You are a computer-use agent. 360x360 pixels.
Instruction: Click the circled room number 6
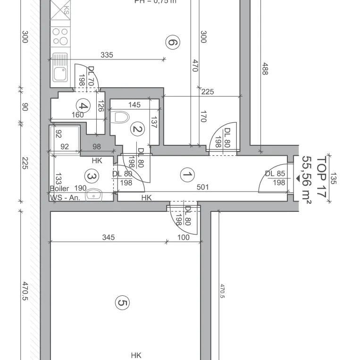coord(173,43)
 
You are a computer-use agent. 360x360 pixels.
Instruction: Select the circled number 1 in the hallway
coord(187,175)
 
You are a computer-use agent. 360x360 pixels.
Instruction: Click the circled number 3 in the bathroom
coord(90,176)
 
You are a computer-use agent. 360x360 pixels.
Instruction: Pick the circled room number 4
coord(83,106)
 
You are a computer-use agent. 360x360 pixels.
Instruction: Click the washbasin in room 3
coord(96,193)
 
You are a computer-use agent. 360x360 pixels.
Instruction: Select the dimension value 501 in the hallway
coord(202,187)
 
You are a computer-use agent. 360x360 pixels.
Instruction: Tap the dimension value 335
coord(107,55)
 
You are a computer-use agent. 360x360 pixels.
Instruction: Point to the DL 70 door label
coord(91,75)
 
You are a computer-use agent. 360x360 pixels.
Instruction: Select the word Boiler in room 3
coord(59,188)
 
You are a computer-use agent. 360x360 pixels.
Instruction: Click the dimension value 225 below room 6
coord(207,92)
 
